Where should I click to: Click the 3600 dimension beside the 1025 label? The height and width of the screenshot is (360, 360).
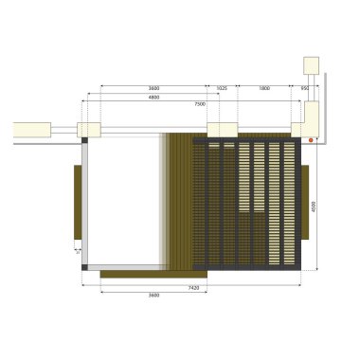(153, 88)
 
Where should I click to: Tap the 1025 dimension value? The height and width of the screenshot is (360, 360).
(222, 88)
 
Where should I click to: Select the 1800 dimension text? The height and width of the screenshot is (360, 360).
(264, 88)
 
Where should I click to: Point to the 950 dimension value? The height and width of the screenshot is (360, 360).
(305, 88)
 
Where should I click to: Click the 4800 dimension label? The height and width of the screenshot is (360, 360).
(153, 98)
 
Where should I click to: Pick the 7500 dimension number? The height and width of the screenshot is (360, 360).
(200, 103)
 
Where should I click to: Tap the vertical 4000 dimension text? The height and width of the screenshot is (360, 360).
(313, 205)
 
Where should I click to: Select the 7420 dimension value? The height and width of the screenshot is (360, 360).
(193, 286)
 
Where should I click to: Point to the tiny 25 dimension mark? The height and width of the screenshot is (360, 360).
(77, 252)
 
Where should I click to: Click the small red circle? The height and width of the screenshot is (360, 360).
(310, 139)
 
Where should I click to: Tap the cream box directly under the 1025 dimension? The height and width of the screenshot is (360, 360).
(222, 130)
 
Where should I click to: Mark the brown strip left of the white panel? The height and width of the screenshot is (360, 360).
(76, 202)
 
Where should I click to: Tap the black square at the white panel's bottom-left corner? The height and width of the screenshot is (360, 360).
(84, 267)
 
